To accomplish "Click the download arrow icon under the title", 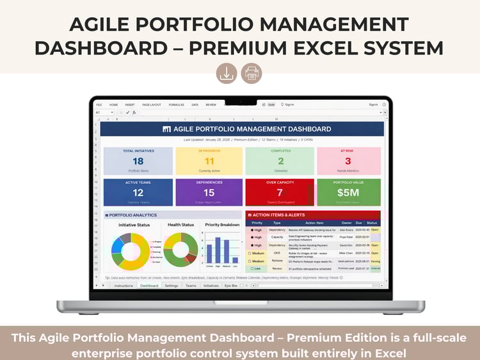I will coord(227,73).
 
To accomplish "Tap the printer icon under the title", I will coord(252,73).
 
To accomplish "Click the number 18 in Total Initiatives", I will coord(138,161).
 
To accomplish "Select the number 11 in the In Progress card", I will coord(209,161).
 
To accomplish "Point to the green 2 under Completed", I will coord(280,161).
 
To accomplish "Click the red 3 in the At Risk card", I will coord(348,161).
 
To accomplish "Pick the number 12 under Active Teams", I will coord(138,193).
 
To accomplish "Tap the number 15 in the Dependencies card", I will coord(209,193).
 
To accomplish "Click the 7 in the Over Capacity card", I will coord(280,193).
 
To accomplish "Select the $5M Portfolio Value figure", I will coord(348,193).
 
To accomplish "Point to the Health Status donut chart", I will coord(180,250).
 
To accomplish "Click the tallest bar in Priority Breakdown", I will coord(218,250).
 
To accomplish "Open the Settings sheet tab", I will coord(172,286).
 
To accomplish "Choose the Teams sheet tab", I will coord(191,286).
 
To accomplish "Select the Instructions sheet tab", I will coord(124,286).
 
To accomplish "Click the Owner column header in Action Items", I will coord(346,222).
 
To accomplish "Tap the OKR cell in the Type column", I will coord(276,252).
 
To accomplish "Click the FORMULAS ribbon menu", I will coord(176,104).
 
